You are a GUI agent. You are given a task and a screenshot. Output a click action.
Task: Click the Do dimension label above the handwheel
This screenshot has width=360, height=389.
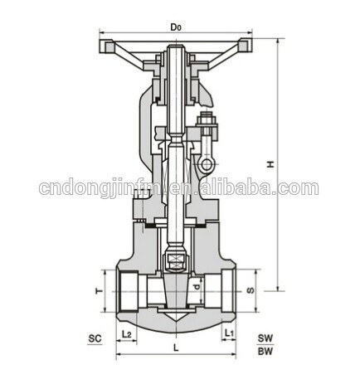(x=176, y=27)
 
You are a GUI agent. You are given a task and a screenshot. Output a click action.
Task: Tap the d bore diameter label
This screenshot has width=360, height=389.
(x=195, y=288)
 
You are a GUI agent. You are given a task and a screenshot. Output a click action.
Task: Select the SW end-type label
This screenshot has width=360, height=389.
(x=265, y=338)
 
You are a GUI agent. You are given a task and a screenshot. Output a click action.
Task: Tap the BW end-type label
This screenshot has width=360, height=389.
(x=265, y=352)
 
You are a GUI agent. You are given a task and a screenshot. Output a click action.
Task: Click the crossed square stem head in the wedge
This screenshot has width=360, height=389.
(x=175, y=262)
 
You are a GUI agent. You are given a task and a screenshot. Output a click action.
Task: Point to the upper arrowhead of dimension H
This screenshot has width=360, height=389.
(x=277, y=40)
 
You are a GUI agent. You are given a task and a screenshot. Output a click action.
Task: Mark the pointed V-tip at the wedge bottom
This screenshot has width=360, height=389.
(x=176, y=319)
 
